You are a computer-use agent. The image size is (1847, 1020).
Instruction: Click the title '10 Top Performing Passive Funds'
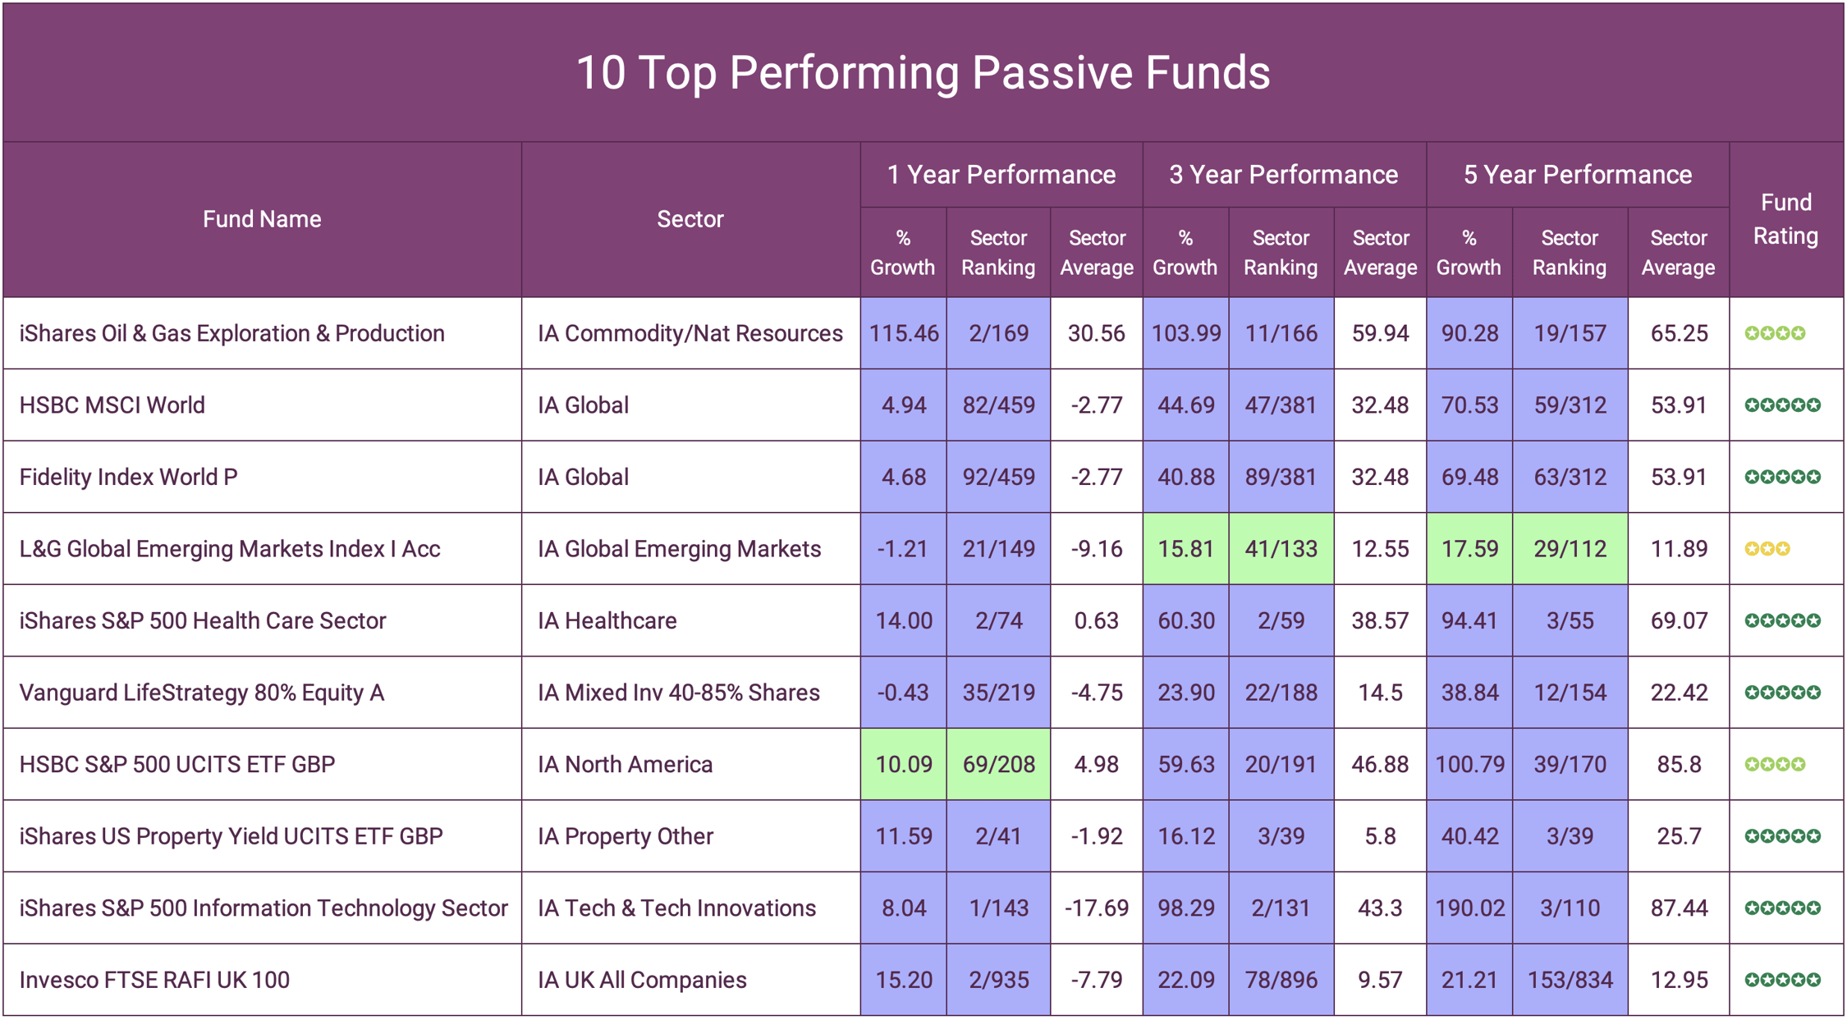click(923, 72)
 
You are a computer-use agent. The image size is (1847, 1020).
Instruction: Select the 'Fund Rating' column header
click(1785, 219)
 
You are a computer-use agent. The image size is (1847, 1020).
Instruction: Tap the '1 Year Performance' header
click(1001, 175)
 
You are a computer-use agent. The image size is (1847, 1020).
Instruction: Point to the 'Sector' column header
click(690, 219)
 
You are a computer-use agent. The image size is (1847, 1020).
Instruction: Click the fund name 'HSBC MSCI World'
click(112, 405)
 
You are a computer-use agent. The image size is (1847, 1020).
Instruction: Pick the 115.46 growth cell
click(903, 333)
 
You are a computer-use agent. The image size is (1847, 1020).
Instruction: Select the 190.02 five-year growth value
click(1469, 908)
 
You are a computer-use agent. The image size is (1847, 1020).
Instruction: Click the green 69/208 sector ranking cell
click(998, 765)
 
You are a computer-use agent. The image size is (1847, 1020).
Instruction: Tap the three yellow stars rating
click(1767, 549)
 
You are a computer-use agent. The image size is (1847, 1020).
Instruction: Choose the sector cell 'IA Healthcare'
click(607, 621)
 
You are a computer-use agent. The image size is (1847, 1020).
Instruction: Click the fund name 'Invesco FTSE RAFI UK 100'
click(154, 980)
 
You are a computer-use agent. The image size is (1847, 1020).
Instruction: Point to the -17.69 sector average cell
click(1096, 908)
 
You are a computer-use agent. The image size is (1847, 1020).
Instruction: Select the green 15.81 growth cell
click(1185, 549)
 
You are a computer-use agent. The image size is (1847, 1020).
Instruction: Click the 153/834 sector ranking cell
click(1570, 980)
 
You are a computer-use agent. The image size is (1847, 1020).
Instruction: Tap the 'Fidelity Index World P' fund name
click(129, 478)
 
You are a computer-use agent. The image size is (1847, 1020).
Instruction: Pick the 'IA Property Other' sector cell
click(626, 836)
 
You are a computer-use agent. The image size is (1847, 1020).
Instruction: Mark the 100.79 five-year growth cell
click(1469, 765)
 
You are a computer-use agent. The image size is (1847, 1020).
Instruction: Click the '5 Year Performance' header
click(1577, 175)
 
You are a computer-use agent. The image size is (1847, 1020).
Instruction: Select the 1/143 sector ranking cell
click(998, 908)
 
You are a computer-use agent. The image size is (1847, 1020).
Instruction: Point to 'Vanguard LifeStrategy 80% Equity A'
click(202, 693)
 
